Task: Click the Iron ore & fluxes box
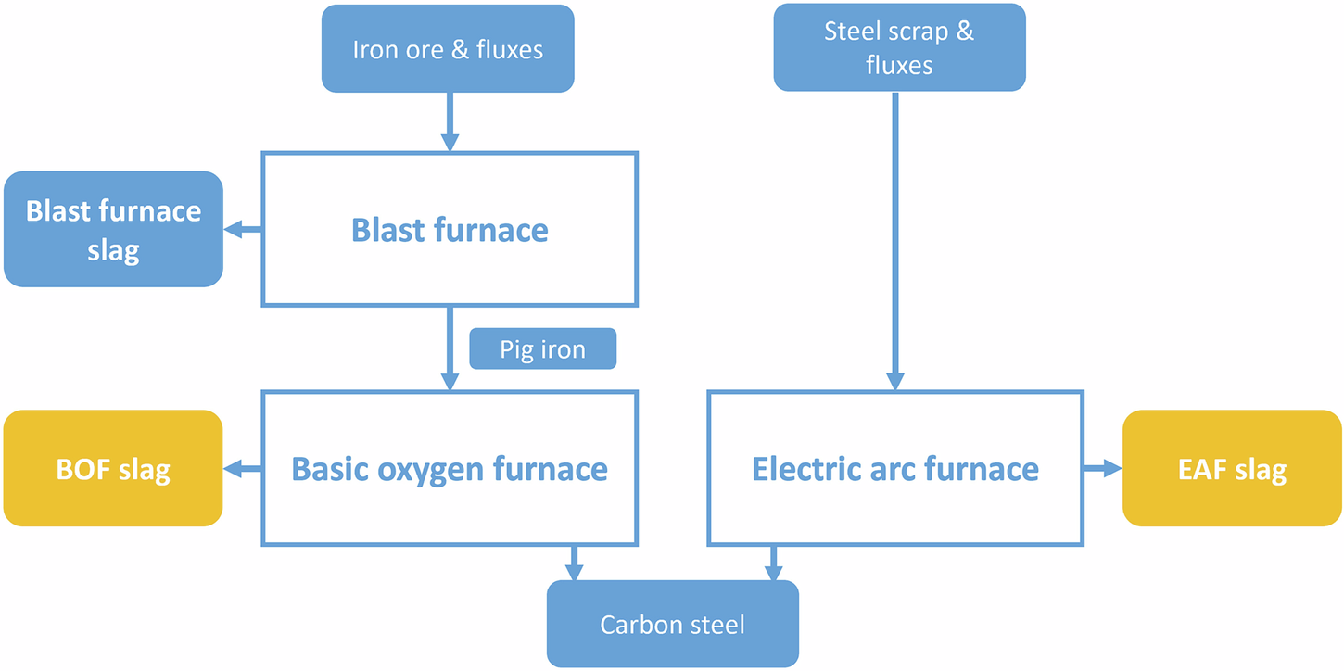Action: tap(448, 48)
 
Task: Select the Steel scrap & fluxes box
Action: tap(899, 47)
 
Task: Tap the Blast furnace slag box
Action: tap(113, 229)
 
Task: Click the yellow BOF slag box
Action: tap(113, 468)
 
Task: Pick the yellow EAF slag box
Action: tap(1232, 468)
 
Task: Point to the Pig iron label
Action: tap(542, 349)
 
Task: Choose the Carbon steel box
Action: tap(672, 624)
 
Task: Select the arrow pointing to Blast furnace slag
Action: tap(243, 230)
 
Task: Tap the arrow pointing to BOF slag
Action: tap(243, 469)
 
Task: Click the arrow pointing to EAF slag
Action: tap(1103, 469)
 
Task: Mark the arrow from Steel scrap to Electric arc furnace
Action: tap(895, 241)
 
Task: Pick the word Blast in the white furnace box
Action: tap(387, 230)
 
